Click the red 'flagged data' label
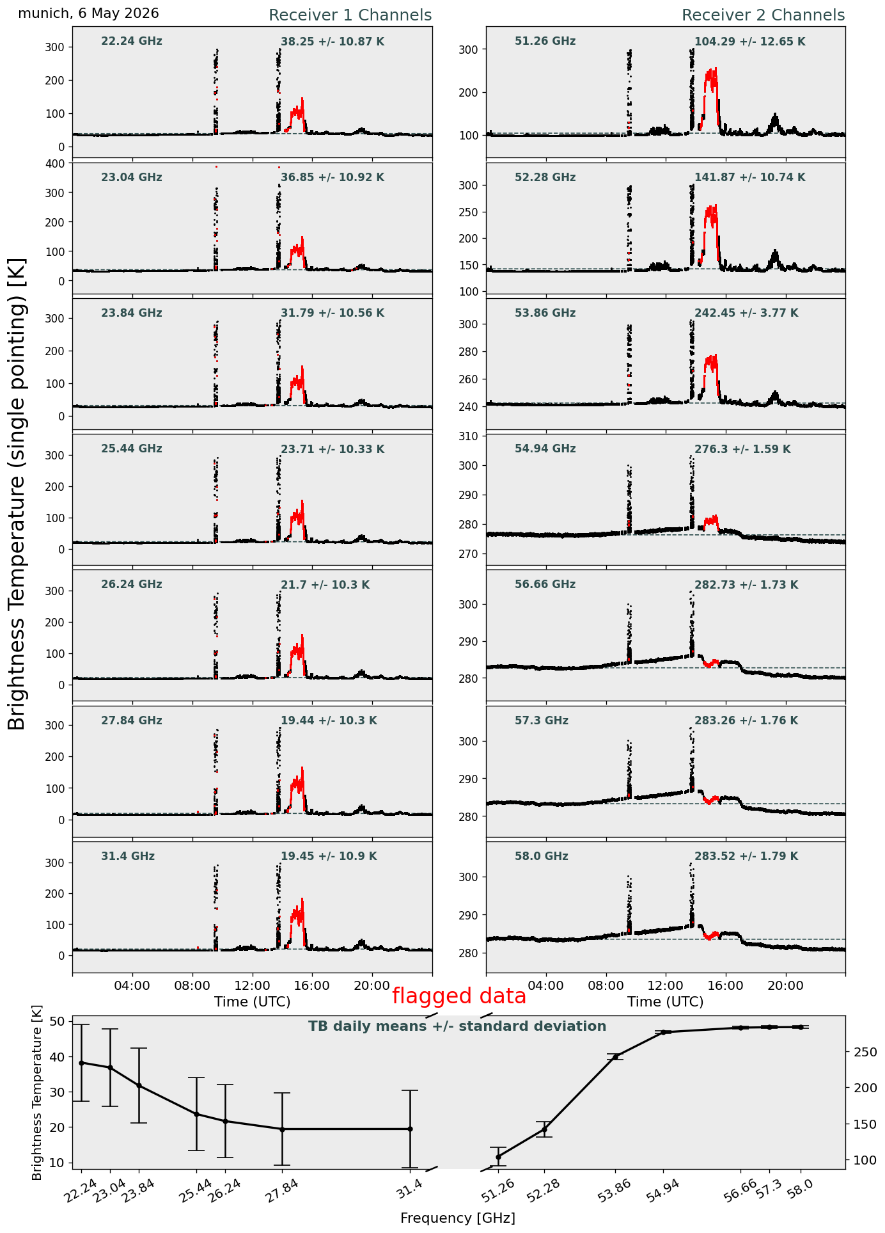(459, 996)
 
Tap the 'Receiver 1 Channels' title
(350, 15)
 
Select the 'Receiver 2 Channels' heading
(764, 15)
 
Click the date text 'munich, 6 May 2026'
(88, 13)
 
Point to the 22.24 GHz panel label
(132, 42)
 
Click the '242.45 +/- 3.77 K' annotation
(746, 313)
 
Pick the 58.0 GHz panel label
(542, 856)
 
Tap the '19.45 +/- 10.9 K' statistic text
(329, 856)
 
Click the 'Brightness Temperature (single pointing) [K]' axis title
(17, 494)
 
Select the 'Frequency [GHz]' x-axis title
(458, 1218)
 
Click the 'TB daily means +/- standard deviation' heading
(457, 1026)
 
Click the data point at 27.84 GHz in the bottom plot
(282, 1129)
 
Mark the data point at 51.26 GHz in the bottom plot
(498, 1157)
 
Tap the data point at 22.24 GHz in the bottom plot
(81, 1063)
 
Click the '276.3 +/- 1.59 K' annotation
(742, 449)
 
